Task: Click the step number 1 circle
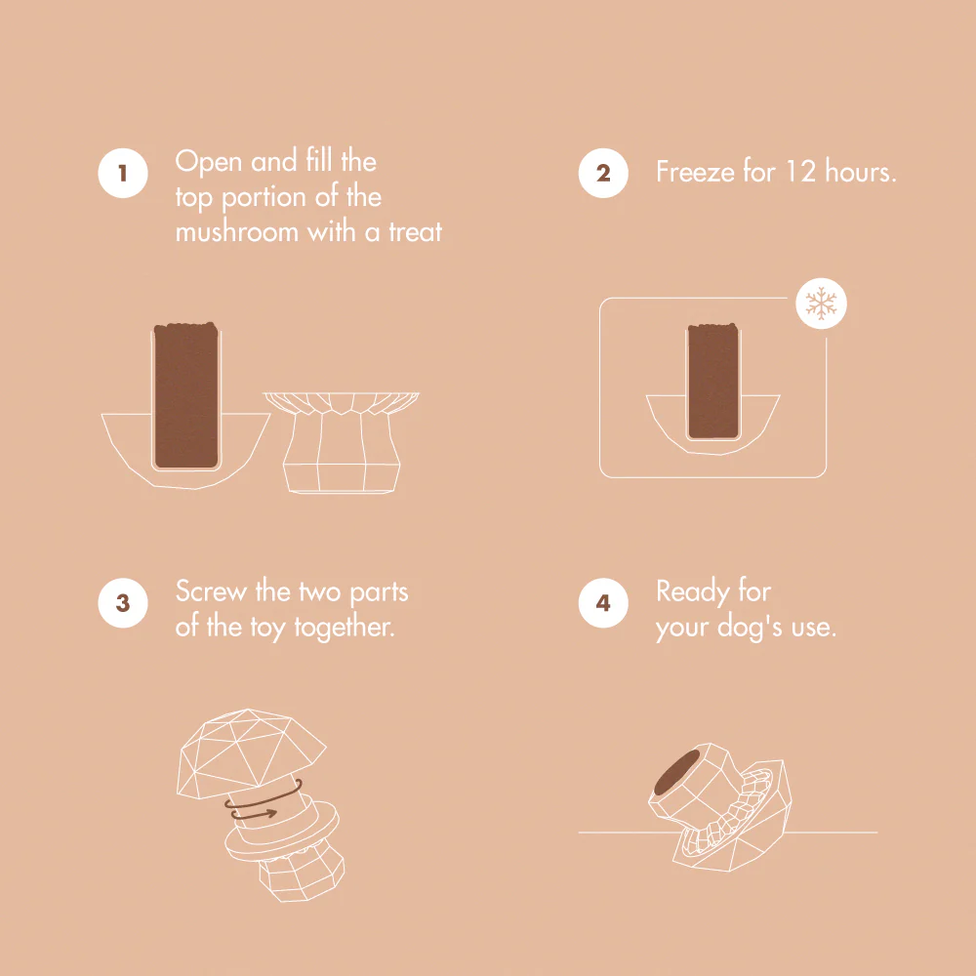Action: pyautogui.click(x=123, y=173)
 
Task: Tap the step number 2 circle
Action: pyautogui.click(x=603, y=173)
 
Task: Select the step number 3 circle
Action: pyautogui.click(x=123, y=602)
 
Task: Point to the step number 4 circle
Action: pyautogui.click(x=603, y=602)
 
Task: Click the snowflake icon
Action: pyautogui.click(x=821, y=304)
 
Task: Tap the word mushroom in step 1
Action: pyautogui.click(x=237, y=231)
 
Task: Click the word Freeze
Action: pyautogui.click(x=695, y=171)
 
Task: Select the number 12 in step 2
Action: pyautogui.click(x=800, y=172)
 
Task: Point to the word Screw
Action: pyautogui.click(x=211, y=591)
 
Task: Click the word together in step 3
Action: pyautogui.click(x=345, y=628)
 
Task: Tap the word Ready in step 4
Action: pyautogui.click(x=693, y=592)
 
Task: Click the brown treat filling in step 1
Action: pyautogui.click(x=186, y=395)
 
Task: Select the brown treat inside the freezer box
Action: pyautogui.click(x=713, y=381)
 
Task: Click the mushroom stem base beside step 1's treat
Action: pyautogui.click(x=341, y=442)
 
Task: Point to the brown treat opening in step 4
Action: pyautogui.click(x=677, y=771)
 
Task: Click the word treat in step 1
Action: pyautogui.click(x=415, y=232)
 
